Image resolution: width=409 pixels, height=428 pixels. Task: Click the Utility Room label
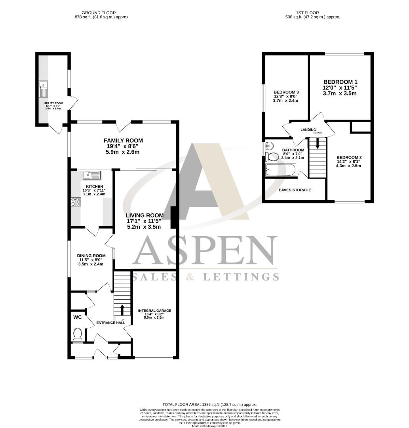pos(53,103)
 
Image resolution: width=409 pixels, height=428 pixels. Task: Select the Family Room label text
pos(123,141)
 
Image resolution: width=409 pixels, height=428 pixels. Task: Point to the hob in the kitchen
pos(75,202)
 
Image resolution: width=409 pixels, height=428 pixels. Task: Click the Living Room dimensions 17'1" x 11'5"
pos(145,221)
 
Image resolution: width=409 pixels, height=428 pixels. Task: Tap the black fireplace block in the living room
pos(173,218)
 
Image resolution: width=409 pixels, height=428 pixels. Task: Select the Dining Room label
pos(91,256)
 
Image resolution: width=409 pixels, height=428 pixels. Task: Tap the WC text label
pos(78,317)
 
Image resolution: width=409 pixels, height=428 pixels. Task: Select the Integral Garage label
pos(154,311)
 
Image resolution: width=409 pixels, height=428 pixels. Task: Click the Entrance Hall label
pos(111,323)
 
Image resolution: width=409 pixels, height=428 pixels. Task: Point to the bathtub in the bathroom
pos(281,170)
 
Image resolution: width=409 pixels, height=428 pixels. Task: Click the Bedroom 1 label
pos(340,82)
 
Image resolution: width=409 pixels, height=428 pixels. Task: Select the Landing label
pos(308,130)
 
